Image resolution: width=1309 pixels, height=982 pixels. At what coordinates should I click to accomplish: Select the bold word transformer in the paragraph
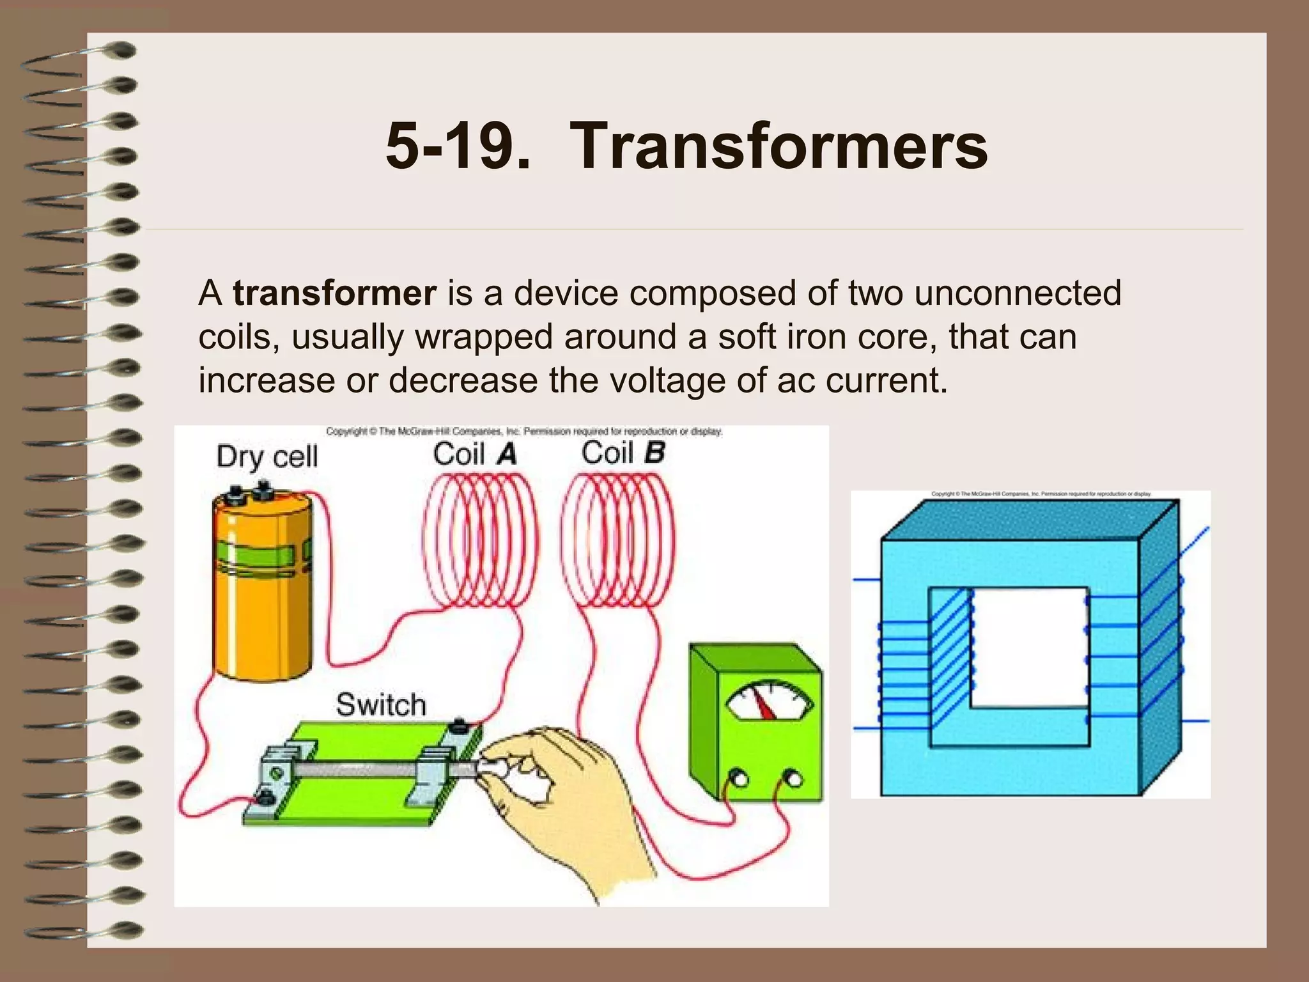pyautogui.click(x=334, y=293)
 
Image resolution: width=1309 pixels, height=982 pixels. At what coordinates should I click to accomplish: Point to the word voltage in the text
pyautogui.click(x=668, y=380)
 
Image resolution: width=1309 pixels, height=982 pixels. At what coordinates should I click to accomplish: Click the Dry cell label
pyautogui.click(x=267, y=457)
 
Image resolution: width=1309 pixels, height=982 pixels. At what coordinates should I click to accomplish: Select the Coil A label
pyautogui.click(x=474, y=455)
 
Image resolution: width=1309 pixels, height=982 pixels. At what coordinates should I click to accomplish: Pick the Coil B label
pyautogui.click(x=623, y=453)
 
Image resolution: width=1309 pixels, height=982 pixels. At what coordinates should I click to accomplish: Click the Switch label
pyautogui.click(x=381, y=705)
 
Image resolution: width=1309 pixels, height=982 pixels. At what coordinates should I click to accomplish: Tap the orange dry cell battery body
pyautogui.click(x=262, y=614)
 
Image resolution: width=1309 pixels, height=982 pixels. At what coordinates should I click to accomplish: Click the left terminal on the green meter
pyautogui.click(x=740, y=779)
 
